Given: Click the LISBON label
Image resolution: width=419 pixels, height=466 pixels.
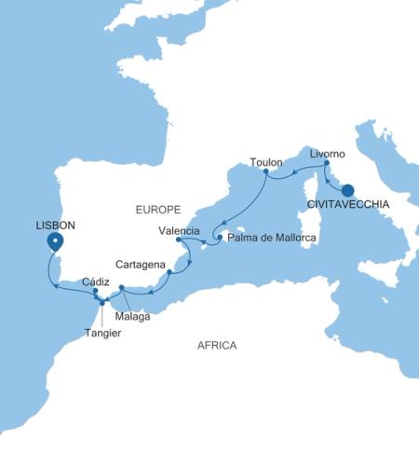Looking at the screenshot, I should [55, 225].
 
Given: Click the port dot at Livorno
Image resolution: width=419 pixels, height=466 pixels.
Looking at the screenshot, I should [326, 165].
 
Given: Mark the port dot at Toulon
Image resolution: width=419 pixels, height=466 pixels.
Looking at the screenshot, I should [266, 172].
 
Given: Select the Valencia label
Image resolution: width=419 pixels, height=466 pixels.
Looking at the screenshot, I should [179, 230].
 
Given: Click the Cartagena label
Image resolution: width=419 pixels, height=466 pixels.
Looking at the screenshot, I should [142, 264].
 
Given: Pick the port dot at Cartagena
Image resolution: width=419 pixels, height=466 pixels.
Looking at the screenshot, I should [169, 273].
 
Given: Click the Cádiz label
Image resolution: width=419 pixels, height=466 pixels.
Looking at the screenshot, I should [95, 281].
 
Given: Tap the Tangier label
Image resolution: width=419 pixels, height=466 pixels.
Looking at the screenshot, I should [102, 333].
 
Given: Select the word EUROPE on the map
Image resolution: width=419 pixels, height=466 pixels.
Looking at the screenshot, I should [155, 211].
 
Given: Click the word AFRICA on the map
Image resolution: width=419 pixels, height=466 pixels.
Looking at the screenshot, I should [217, 346].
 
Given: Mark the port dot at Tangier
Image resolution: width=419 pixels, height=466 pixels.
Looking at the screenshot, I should [102, 303].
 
